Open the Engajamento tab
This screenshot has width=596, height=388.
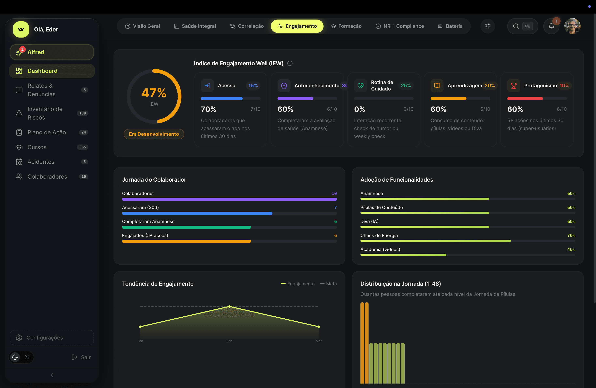point(297,26)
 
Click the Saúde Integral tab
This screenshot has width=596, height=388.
point(195,26)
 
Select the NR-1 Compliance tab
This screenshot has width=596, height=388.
point(400,26)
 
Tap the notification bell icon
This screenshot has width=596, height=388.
point(551,26)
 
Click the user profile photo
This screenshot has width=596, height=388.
point(572,26)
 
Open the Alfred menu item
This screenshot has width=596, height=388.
point(52,52)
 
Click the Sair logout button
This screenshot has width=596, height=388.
point(81,357)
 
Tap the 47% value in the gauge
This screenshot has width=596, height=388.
point(154,93)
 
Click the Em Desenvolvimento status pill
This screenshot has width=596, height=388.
point(154,134)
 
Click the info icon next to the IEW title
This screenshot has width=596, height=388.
point(290,63)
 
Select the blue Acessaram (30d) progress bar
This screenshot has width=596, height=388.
point(197,213)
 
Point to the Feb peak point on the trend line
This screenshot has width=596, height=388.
point(229,306)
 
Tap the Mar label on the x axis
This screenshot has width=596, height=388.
point(318,341)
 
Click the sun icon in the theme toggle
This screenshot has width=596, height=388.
point(27,357)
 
